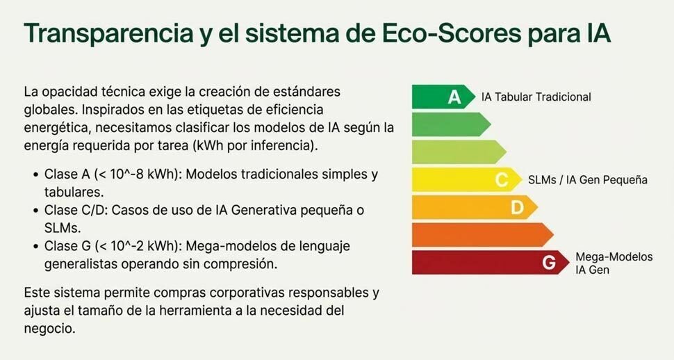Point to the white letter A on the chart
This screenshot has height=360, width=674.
coord(454,97)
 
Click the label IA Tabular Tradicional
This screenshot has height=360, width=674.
coord(536,97)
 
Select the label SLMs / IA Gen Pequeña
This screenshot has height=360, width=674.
coord(587,180)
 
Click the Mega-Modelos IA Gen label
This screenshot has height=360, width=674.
coord(614,263)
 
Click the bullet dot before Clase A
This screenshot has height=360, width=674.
coord(35,174)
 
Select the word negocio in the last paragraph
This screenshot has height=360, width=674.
coord(49,327)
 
